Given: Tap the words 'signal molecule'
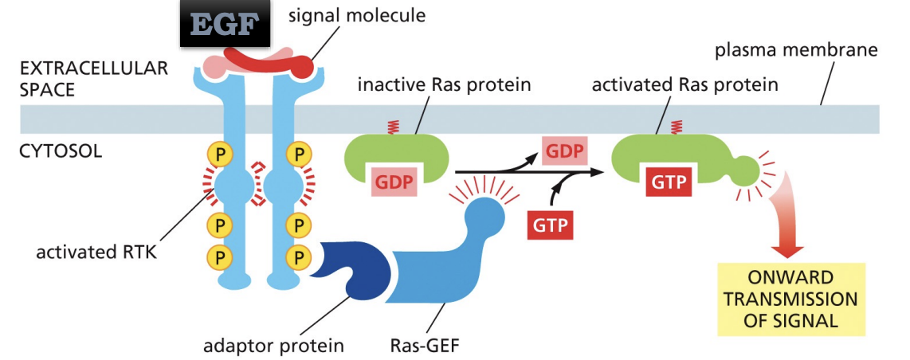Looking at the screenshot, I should click(357, 15).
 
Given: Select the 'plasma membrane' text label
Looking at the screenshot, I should click(795, 51).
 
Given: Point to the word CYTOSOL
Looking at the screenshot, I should click(60, 150).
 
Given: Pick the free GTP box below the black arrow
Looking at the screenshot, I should click(551, 225).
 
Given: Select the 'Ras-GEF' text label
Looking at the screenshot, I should click(421, 346).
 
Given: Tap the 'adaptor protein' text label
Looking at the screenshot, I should click(274, 346).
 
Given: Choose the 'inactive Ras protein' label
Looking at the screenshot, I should click(444, 84).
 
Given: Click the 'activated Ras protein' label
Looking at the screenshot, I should click(684, 84).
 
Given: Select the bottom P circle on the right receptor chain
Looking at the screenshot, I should click(299, 256).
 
